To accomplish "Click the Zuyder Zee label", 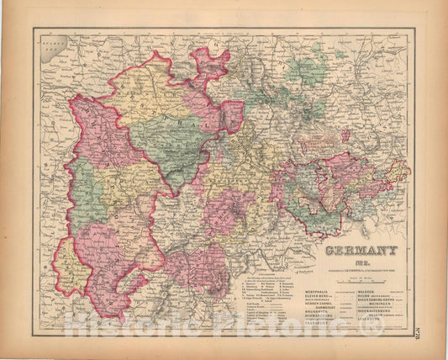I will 53,39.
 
